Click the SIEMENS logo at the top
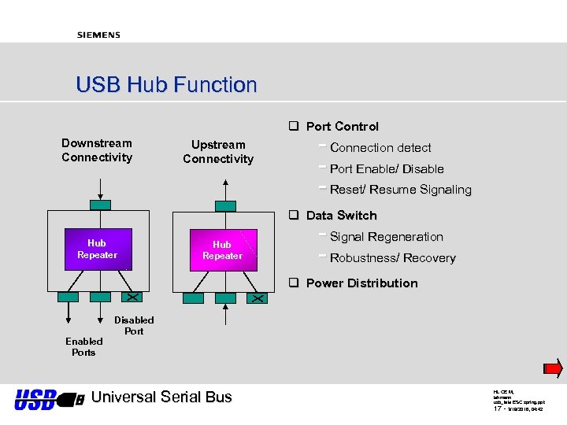(x=98, y=35)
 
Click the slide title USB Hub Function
(x=166, y=85)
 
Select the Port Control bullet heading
(x=342, y=127)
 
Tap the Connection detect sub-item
(x=380, y=148)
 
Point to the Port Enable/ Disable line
(x=387, y=169)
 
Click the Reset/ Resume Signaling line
(x=400, y=190)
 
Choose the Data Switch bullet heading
(x=341, y=216)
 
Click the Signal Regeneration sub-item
(x=386, y=237)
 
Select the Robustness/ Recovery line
(x=392, y=258)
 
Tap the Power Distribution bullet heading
(x=361, y=283)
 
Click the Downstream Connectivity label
(x=97, y=150)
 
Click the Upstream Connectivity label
(x=218, y=152)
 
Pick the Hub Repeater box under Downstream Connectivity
(x=98, y=249)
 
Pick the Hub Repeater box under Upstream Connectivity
(x=222, y=250)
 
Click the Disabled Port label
(x=134, y=326)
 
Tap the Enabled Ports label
(x=83, y=347)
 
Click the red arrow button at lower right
(x=553, y=368)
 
